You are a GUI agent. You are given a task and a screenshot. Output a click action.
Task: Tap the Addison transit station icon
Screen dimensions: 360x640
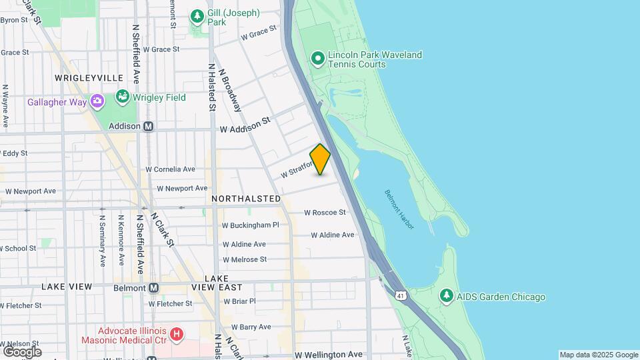149,126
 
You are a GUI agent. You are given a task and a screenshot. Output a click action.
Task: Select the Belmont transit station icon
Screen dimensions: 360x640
154,288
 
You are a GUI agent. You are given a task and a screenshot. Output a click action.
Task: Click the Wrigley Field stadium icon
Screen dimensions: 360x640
122,97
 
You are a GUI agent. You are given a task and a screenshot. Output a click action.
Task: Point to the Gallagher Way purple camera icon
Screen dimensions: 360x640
97,101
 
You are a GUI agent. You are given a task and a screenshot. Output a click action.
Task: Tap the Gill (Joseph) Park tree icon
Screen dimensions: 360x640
197,15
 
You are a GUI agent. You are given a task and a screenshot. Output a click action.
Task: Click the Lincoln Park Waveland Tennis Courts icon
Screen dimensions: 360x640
318,59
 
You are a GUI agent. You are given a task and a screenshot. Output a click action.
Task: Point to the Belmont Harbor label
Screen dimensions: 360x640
399,209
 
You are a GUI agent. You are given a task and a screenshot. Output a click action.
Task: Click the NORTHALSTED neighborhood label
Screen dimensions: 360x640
246,199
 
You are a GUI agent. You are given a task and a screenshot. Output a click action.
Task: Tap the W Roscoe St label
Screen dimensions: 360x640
325,213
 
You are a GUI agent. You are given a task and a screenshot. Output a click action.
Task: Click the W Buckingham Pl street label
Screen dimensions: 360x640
250,225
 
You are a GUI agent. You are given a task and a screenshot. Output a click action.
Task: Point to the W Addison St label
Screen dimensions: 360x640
245,125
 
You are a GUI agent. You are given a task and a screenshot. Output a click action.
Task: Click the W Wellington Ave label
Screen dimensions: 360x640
329,355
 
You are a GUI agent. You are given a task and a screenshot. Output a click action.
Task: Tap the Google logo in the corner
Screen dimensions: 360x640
22,351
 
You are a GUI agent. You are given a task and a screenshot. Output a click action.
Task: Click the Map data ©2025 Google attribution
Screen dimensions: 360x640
599,355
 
